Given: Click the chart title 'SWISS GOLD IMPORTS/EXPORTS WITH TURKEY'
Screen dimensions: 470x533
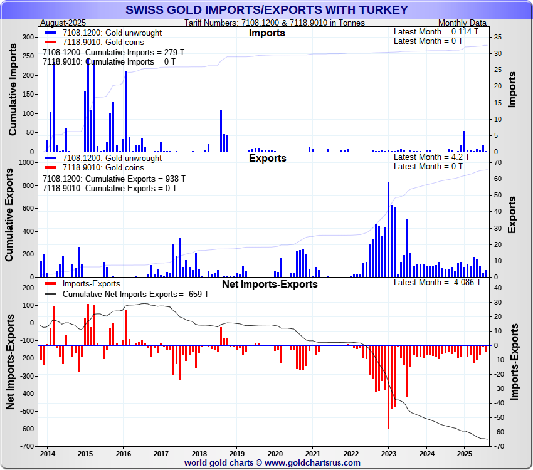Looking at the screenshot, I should [x=266, y=10].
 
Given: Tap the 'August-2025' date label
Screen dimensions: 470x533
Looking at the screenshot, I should [x=63, y=23].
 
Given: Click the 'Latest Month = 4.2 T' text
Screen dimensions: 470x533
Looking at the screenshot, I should [x=430, y=157].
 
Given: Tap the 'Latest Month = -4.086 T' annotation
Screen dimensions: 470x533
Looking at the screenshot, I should [x=437, y=282].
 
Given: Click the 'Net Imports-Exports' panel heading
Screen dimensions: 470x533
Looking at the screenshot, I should [x=270, y=284].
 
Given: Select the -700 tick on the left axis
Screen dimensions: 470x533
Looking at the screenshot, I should [x=26, y=446].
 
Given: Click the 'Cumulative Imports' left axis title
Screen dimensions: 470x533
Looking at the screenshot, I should [x=13, y=95].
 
